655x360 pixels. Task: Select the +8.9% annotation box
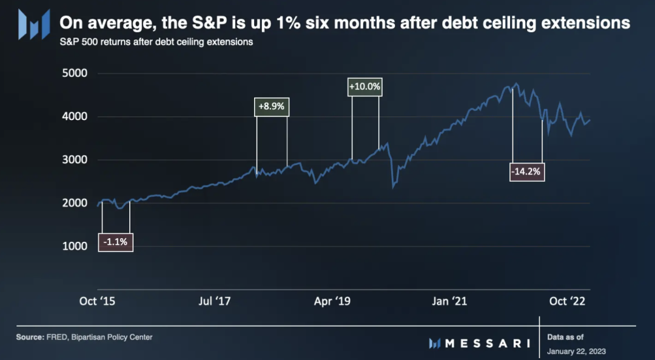pos(272,106)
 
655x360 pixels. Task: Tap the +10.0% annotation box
pos(365,87)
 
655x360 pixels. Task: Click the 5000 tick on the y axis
pos(75,73)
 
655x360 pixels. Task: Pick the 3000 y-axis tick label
pos(75,160)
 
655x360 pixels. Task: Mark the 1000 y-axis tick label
pos(75,246)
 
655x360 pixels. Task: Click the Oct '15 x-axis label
pos(97,301)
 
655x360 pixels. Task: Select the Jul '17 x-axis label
pos(215,301)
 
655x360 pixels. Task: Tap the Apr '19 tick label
pos(332,301)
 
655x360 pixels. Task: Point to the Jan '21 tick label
pos(449,301)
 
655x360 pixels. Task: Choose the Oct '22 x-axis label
pos(566,301)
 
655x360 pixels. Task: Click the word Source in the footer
pos(31,337)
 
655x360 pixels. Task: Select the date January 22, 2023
pos(576,351)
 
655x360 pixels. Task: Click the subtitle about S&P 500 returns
pos(156,42)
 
